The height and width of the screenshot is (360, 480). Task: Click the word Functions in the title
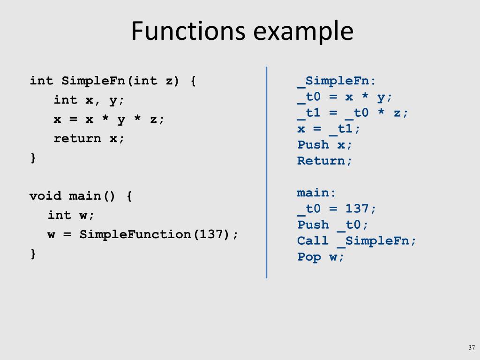(x=188, y=31)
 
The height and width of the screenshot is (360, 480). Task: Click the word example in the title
(x=303, y=32)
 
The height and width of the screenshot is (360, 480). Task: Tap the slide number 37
(x=471, y=347)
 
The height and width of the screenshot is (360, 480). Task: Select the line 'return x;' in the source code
(x=89, y=138)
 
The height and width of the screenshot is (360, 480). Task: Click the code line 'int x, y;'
(x=89, y=100)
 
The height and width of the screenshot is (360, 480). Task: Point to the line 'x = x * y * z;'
(x=109, y=119)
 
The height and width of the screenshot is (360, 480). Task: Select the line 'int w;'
(x=71, y=215)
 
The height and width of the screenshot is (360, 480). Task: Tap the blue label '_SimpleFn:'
(x=336, y=81)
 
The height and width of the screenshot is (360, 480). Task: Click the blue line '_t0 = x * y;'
(x=345, y=97)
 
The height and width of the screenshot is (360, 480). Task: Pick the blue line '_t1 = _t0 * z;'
(x=352, y=113)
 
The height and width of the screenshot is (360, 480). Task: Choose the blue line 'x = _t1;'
(x=329, y=129)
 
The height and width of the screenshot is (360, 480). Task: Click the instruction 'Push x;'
(x=324, y=145)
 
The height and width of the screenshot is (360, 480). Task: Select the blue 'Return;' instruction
(x=324, y=161)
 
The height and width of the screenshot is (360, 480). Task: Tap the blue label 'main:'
(x=316, y=193)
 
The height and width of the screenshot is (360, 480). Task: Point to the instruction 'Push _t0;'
(x=332, y=225)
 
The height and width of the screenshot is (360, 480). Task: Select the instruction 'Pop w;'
(x=321, y=256)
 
